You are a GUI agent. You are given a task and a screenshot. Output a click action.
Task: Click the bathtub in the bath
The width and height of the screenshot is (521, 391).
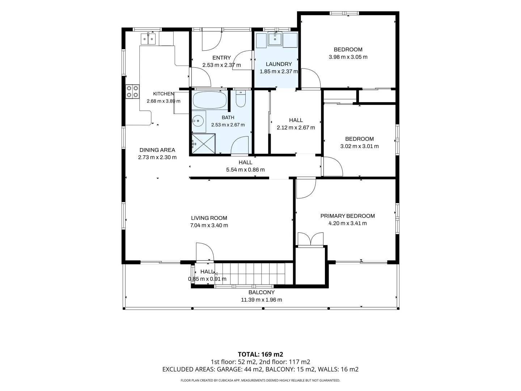pos(209,100)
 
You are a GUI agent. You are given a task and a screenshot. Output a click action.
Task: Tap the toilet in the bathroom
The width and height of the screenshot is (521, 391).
pos(241,99)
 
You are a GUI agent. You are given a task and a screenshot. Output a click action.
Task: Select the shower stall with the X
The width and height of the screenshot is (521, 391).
pos(203,144)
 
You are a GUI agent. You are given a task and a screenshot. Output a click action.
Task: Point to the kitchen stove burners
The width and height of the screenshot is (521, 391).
pos(132,92)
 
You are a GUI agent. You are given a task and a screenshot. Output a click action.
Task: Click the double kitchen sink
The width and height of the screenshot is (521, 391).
pos(148,39)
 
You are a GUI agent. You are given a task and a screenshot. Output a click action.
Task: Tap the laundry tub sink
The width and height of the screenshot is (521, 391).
pos(275,39)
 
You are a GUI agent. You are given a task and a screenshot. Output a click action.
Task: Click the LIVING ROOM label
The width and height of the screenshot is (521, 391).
pos(209,218)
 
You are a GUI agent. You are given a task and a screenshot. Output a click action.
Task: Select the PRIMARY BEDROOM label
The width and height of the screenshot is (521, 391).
pos(347,216)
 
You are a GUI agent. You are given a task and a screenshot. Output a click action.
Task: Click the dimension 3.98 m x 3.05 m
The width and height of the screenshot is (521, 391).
pos(348,57)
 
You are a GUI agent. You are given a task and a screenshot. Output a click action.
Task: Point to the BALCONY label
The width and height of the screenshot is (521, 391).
pos(262,292)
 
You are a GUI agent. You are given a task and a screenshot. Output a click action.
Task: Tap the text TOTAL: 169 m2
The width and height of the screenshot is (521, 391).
pos(260,354)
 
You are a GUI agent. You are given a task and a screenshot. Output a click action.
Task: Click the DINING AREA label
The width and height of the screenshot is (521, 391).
pos(157,150)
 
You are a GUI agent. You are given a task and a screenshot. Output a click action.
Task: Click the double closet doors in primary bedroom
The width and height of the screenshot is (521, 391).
pos(310,239)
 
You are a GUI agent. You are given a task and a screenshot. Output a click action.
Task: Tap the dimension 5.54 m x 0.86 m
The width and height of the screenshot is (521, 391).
pos(245,170)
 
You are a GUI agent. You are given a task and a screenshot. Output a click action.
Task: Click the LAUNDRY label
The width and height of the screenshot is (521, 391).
pos(279,64)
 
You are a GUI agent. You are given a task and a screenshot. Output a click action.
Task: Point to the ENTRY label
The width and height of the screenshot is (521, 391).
pos(221,58)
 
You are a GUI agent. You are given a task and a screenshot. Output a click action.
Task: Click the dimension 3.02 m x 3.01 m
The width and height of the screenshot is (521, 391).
pos(359,146)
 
